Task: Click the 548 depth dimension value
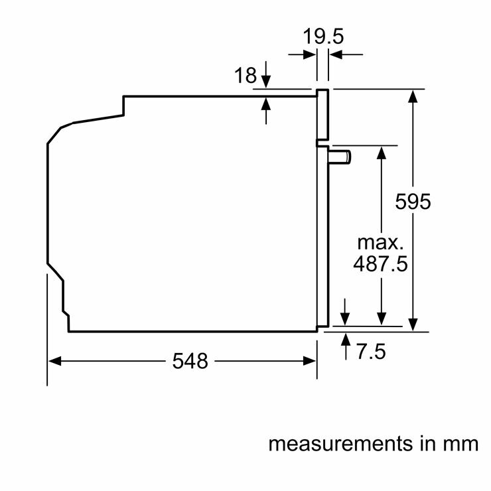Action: coord(190,361)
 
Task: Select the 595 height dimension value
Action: coord(413,201)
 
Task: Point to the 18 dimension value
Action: coord(245,76)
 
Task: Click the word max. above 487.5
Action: coord(380,240)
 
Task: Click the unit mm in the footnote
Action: coord(461,443)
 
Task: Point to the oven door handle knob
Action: coord(342,157)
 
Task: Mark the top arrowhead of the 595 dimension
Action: coord(413,95)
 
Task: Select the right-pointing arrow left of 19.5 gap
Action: coord(310,55)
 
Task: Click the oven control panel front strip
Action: coord(322,116)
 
